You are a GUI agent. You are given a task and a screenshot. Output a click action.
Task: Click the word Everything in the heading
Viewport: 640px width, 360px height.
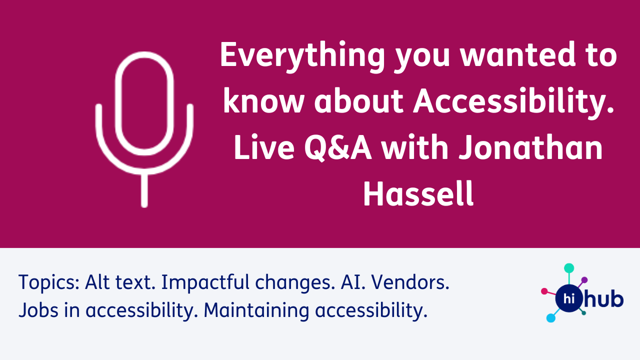click(302, 55)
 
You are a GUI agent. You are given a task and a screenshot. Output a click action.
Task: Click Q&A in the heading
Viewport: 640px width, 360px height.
click(338, 148)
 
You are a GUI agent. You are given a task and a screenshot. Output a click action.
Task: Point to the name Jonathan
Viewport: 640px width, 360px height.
click(530, 147)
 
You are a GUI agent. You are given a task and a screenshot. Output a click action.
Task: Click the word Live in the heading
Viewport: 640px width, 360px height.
click(264, 147)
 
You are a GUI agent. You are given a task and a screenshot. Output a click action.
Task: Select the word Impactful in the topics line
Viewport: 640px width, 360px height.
click(205, 282)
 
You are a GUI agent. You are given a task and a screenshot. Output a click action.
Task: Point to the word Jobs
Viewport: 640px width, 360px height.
click(38, 310)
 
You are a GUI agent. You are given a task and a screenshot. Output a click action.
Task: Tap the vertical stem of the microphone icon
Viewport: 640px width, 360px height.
click(144, 190)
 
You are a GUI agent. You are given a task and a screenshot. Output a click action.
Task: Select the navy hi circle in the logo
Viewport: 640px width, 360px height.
click(569, 298)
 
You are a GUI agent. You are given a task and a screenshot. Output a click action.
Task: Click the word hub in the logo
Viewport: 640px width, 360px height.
click(603, 298)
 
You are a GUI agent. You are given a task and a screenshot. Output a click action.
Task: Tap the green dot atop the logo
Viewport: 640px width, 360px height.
click(569, 268)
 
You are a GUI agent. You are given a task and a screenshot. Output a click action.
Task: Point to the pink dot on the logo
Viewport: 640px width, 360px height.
click(544, 291)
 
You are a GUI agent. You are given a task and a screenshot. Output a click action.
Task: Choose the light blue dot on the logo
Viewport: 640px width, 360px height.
click(551, 318)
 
